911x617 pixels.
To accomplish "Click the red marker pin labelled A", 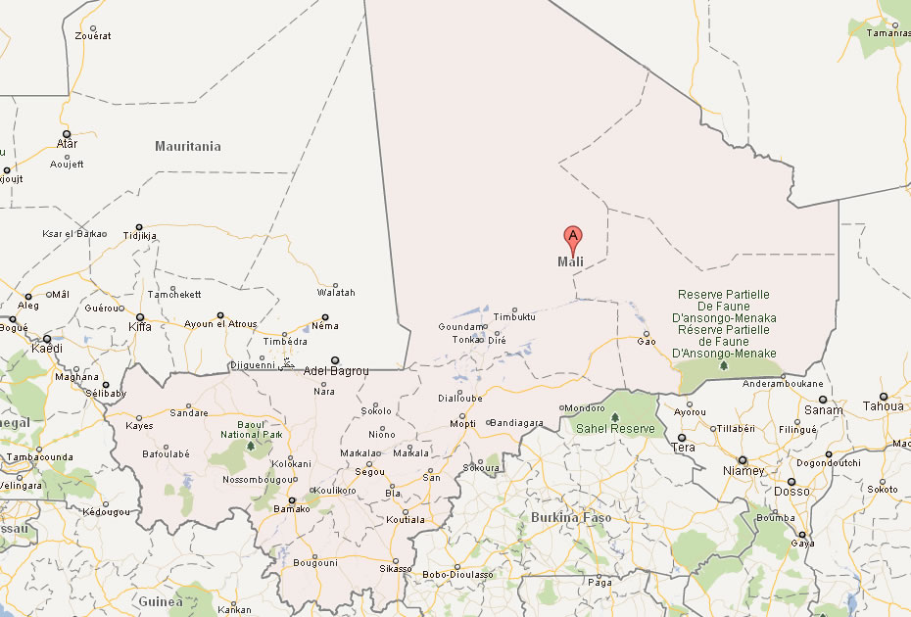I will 573,236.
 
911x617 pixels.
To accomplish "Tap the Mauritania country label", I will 188,147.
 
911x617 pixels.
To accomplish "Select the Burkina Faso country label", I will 570,517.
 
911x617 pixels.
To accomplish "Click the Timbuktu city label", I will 515,317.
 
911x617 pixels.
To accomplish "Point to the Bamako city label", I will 290,509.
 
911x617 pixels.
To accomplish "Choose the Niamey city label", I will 743,471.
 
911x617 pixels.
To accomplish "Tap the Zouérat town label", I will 93,36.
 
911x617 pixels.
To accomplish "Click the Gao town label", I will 647,342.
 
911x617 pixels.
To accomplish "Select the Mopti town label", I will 461,424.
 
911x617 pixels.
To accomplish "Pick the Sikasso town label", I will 395,569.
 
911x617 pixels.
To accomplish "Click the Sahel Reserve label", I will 615,429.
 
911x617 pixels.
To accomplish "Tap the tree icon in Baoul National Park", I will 251,446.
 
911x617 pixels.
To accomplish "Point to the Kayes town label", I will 139,426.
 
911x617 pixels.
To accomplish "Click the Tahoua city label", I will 883,406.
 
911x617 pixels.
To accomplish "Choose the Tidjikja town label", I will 139,236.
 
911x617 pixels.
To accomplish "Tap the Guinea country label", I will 160,601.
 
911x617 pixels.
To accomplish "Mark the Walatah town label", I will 336,293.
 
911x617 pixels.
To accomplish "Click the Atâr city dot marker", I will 67,133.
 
